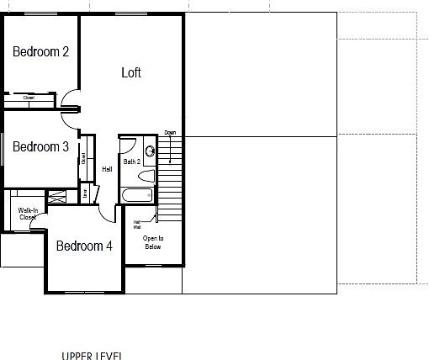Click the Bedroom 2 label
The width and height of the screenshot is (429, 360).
pyautogui.click(x=40, y=52)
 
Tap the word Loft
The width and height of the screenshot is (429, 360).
pyautogui.click(x=130, y=72)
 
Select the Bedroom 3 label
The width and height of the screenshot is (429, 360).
pyautogui.click(x=40, y=146)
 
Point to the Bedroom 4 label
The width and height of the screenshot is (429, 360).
pyautogui.click(x=84, y=246)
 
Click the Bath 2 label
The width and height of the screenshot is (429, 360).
pyautogui.click(x=132, y=161)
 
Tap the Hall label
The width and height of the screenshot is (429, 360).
pyautogui.click(x=107, y=169)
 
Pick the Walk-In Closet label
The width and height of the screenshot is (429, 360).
pyautogui.click(x=27, y=214)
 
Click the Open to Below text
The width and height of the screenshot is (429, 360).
pyautogui.click(x=152, y=242)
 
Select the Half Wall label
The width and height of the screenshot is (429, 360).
pyautogui.click(x=136, y=225)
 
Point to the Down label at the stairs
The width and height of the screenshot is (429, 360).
pyautogui.click(x=170, y=133)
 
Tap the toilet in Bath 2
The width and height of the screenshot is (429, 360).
pyautogui.click(x=146, y=177)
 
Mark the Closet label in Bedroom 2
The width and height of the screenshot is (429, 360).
pyautogui.click(x=29, y=98)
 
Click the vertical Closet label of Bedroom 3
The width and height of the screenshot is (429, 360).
pyautogui.click(x=84, y=157)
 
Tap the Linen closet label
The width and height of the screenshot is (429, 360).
pyautogui.click(x=85, y=193)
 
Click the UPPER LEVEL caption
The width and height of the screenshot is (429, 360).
pyautogui.click(x=91, y=356)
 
